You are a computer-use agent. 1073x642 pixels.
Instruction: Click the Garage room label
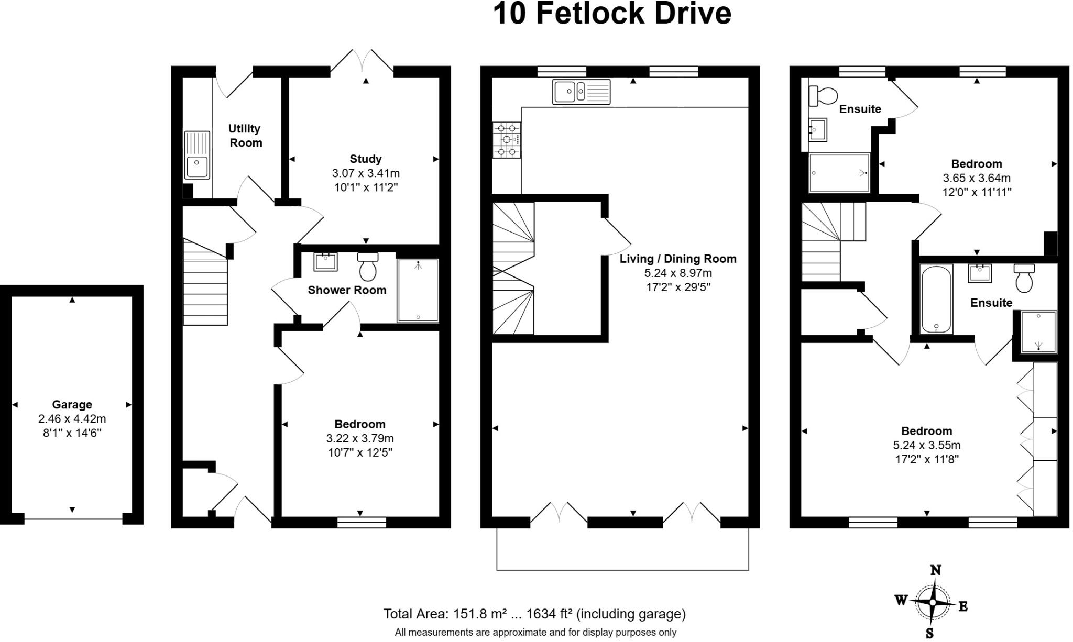pos(72,404)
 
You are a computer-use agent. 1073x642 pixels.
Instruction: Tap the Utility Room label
pos(245,136)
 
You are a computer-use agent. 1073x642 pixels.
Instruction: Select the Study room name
pos(366,159)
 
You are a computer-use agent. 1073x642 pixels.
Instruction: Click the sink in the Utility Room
pos(197,155)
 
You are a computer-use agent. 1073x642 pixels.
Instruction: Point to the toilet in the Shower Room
pos(368,267)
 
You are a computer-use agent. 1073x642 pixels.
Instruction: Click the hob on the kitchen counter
pos(507,140)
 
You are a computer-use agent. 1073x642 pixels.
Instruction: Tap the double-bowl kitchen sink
pos(581,92)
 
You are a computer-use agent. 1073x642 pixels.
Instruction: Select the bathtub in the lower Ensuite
pos(936,300)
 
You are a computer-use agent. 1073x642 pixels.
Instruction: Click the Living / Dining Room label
pos(678,259)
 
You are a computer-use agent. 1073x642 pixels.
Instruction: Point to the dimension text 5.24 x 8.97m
pos(678,273)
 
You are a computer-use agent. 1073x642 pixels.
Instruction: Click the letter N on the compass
pos(935,570)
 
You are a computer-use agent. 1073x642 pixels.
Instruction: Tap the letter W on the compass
pos(901,600)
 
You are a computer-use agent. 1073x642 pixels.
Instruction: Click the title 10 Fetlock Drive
pos(612,14)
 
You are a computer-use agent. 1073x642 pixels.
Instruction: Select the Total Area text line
pos(534,614)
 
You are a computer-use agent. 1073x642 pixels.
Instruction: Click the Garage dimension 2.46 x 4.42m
pos(72,419)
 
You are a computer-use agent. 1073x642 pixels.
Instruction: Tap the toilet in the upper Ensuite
pos(823,96)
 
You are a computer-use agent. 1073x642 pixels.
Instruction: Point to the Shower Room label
pos(347,290)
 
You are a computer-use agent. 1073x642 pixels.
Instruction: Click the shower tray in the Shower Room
pos(418,291)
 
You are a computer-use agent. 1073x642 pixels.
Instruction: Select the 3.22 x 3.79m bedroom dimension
pos(360,438)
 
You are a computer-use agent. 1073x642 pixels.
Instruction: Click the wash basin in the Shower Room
pos(325,262)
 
